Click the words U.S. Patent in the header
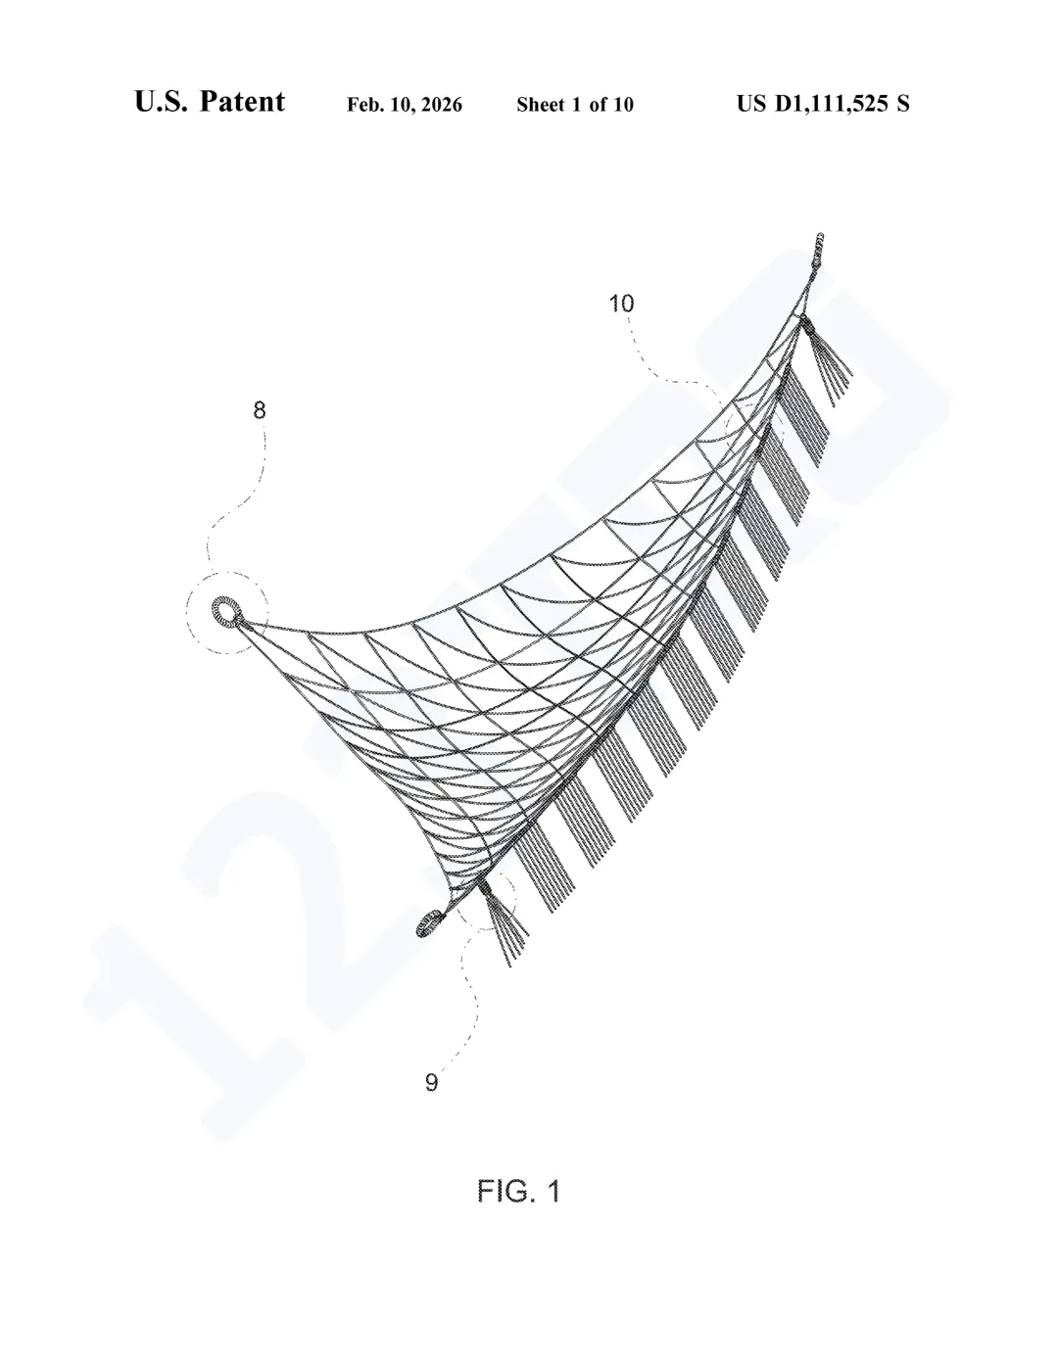[210, 102]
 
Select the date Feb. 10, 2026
[405, 105]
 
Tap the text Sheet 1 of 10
[575, 105]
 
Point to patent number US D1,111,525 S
[823, 103]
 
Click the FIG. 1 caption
[518, 1191]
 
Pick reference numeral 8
[260, 410]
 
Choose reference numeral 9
[431, 1082]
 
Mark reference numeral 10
[622, 304]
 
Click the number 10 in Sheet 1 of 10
[623, 105]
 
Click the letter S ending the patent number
[902, 103]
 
